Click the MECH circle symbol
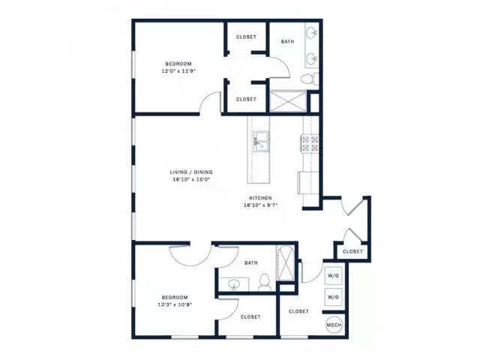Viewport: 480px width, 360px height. pos(334,325)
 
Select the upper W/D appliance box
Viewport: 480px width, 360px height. pos(333,275)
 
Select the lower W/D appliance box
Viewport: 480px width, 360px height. pos(333,297)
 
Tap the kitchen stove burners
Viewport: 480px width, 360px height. pos(310,143)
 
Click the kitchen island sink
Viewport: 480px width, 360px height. pos(261,142)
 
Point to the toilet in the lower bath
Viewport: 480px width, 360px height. pos(264,282)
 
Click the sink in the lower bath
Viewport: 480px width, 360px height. pos(235,284)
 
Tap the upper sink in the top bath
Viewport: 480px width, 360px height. pos(312,32)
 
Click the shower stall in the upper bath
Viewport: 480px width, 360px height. pos(287,101)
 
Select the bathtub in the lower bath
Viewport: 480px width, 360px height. pos(285,263)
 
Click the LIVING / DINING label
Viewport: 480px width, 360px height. pos(191,172)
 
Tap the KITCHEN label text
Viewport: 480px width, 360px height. pos(260,198)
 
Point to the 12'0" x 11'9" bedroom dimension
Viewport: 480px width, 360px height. pos(178,71)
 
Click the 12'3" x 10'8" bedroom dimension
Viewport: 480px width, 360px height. pos(175,304)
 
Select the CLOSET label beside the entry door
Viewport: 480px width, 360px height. pos(352,252)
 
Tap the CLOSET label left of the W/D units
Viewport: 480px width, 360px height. pos(298,311)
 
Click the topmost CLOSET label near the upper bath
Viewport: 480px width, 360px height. pos(246,37)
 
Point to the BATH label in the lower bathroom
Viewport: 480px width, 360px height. pos(251,263)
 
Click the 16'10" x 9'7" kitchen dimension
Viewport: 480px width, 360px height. pos(260,205)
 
